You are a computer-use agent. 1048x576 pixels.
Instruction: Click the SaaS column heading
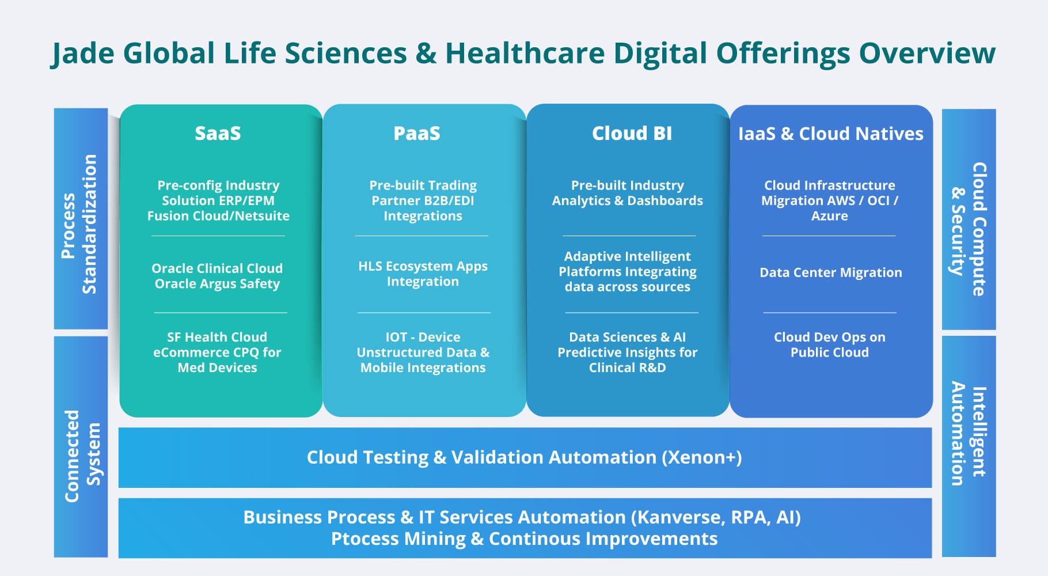(x=218, y=134)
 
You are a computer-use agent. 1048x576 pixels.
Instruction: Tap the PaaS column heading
(x=417, y=134)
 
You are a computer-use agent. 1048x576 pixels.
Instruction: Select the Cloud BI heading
(x=632, y=134)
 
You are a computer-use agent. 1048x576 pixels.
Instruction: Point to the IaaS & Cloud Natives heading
(x=830, y=134)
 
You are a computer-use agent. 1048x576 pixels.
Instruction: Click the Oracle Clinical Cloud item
(x=217, y=276)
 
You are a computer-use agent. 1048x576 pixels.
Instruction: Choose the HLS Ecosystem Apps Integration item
(x=423, y=274)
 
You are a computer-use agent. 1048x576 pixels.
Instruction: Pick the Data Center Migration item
(x=830, y=272)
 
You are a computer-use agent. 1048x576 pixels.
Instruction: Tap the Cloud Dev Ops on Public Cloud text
(x=829, y=344)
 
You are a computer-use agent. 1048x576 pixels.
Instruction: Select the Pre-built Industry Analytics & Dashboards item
(x=627, y=193)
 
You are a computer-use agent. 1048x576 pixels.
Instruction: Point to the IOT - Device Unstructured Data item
(x=423, y=352)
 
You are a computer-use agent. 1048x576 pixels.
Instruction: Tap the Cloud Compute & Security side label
(x=969, y=229)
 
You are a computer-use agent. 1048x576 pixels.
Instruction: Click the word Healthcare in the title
(x=525, y=53)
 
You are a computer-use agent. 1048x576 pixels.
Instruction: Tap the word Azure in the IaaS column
(x=829, y=216)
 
